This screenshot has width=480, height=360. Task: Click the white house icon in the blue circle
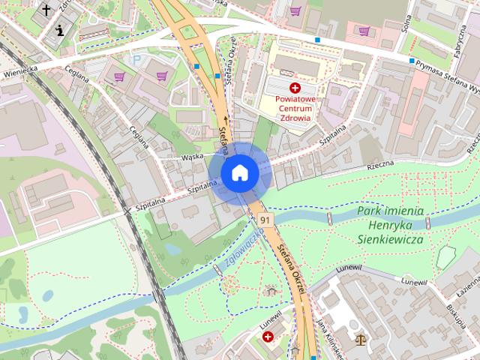pyautogui.click(x=239, y=173)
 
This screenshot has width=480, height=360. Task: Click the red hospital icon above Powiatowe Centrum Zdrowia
pyautogui.click(x=295, y=88)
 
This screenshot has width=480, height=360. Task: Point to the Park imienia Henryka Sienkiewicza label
pyautogui.click(x=390, y=225)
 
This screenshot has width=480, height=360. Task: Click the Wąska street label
pyautogui.click(x=193, y=157)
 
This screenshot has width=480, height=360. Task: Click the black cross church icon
pyautogui.click(x=47, y=10)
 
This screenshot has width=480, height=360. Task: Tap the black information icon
pyautogui.click(x=60, y=30)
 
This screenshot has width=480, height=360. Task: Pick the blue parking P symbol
pyautogui.click(x=136, y=60)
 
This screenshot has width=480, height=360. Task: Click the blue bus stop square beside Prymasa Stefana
pyautogui.click(x=412, y=61)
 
